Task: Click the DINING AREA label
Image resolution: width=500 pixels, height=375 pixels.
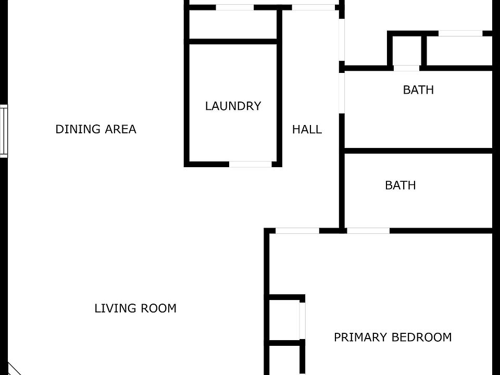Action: (x=96, y=129)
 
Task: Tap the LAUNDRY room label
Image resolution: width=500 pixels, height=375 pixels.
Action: (x=233, y=106)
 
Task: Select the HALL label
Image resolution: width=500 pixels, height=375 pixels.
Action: (x=307, y=129)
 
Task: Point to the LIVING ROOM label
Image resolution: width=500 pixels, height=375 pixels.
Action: (x=135, y=308)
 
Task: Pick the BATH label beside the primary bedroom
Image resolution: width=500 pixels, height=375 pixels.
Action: (x=400, y=185)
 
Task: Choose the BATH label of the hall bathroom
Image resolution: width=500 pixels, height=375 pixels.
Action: (x=418, y=90)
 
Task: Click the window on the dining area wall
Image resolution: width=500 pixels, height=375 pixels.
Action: (x=4, y=131)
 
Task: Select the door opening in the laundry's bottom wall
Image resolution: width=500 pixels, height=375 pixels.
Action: (x=251, y=164)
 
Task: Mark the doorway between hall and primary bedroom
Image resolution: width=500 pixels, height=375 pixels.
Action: (x=297, y=230)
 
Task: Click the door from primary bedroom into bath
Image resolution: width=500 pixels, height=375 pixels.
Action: (x=368, y=230)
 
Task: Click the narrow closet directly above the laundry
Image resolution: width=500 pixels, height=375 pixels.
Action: (x=232, y=24)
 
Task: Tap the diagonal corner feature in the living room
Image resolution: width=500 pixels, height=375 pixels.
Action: (x=12, y=369)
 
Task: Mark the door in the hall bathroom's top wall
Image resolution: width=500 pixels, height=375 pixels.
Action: (x=406, y=68)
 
